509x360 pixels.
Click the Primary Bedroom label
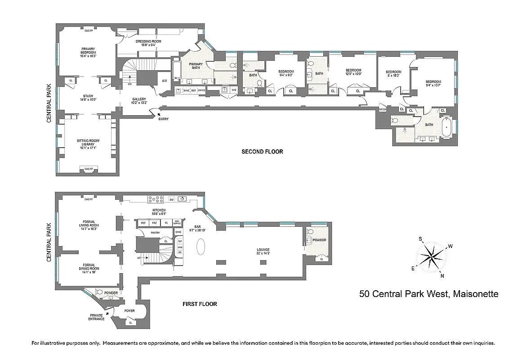[88, 50]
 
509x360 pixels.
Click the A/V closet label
[165, 81]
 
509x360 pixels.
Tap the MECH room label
[383, 109]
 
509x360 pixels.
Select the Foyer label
[129, 310]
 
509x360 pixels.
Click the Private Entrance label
[97, 317]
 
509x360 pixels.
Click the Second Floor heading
[262, 152]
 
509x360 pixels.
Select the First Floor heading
[200, 304]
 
